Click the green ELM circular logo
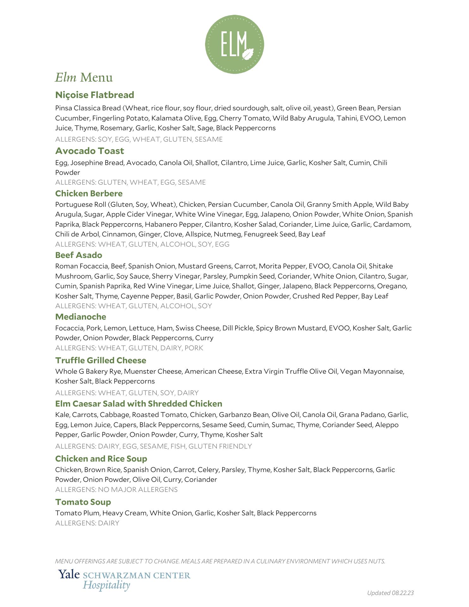(234, 44)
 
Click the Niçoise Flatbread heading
(94, 95)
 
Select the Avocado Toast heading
(89, 151)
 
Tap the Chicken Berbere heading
(89, 193)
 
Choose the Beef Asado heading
(78, 255)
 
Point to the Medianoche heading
(81, 317)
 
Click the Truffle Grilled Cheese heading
(100, 360)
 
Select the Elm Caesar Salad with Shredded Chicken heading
(138, 404)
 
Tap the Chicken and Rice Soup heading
(101, 459)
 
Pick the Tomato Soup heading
(83, 502)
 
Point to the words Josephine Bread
(95, 163)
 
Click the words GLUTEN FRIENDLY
(220, 446)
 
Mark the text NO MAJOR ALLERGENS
(138, 490)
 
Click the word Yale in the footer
(69, 574)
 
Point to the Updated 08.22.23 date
(390, 593)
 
